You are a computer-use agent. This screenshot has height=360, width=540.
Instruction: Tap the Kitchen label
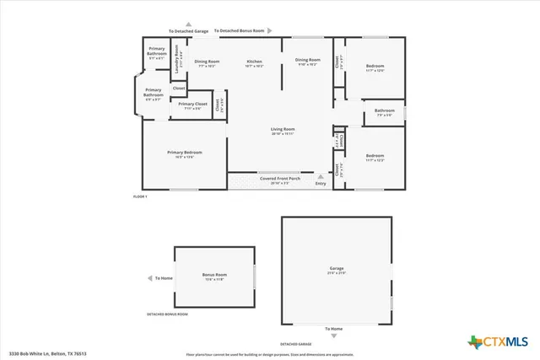[x=254, y=62]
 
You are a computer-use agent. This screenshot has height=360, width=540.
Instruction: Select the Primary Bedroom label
[x=185, y=153]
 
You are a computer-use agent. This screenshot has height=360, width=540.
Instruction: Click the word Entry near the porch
[x=320, y=183]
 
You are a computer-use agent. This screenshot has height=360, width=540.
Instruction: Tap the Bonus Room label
[x=215, y=276]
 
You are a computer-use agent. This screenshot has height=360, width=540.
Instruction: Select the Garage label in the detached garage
[x=336, y=271]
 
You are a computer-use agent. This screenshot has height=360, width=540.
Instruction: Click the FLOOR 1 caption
[x=140, y=196]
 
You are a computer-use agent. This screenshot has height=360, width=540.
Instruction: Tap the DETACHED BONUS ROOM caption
[x=167, y=314]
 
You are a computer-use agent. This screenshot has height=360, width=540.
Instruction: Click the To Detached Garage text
[x=188, y=31]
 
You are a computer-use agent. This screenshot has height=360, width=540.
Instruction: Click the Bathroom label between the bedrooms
[x=385, y=111]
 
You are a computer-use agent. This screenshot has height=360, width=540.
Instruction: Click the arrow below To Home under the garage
[x=335, y=336]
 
